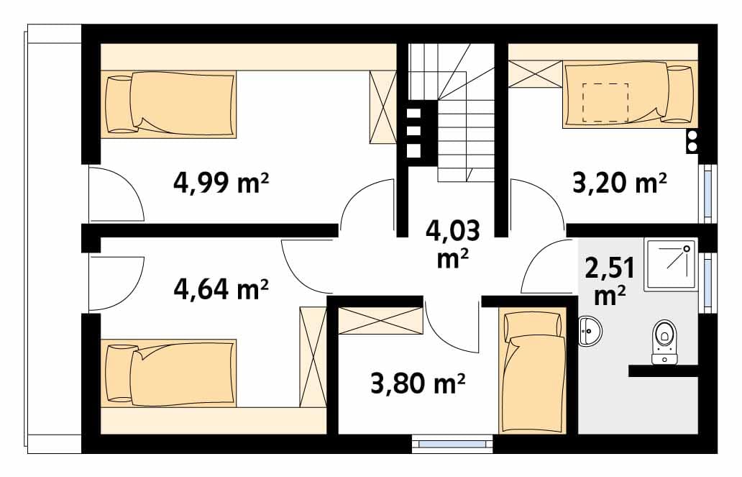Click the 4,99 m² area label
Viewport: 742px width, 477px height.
tap(221, 182)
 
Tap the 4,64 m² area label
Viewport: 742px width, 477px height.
tap(221, 289)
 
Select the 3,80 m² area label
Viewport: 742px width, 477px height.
tap(418, 383)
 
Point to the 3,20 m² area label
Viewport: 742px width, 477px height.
tap(620, 182)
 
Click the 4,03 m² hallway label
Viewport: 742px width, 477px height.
tap(453, 245)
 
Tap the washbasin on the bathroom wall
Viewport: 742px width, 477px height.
tap(590, 330)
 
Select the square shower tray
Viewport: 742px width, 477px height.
tap(671, 265)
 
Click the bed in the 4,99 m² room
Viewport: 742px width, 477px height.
tap(168, 104)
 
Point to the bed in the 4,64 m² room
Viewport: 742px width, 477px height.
tap(168, 373)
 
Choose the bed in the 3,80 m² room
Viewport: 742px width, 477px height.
tap(532, 370)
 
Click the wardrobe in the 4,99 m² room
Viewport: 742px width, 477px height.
tap(383, 106)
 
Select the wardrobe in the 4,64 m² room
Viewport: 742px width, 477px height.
tap(313, 357)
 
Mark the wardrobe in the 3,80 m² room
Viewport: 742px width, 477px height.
tap(381, 321)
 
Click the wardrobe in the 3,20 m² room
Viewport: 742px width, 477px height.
tap(536, 74)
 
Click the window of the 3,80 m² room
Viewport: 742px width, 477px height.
tap(452, 444)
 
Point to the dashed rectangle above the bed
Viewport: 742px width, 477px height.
tap(605, 102)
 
